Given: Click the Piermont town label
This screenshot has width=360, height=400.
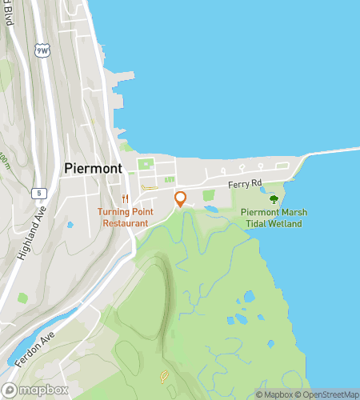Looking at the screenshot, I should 93,169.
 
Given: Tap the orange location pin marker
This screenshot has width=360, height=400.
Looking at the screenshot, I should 181,198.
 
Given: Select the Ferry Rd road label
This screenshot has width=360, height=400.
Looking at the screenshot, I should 245,184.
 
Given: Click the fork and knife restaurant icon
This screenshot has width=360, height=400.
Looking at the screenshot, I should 124,198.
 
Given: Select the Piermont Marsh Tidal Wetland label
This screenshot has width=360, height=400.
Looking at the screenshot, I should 272,218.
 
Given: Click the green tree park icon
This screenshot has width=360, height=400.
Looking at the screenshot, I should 274,199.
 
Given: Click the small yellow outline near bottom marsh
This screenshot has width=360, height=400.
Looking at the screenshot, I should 165,374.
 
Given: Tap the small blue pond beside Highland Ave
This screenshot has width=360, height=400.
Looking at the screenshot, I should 70,225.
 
